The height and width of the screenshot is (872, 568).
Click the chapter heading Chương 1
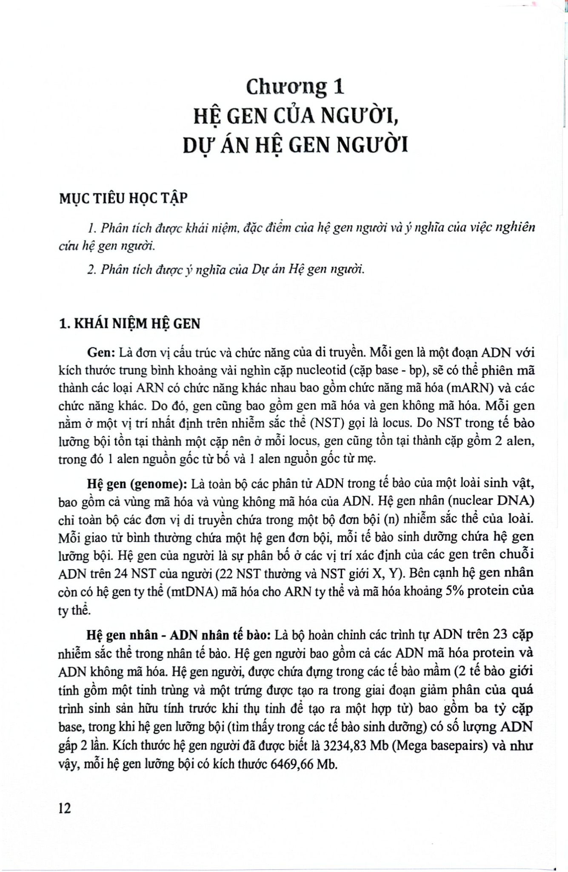click(x=295, y=87)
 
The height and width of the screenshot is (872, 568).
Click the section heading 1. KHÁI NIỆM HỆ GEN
click(x=129, y=324)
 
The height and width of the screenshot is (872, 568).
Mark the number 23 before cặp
click(x=501, y=634)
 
